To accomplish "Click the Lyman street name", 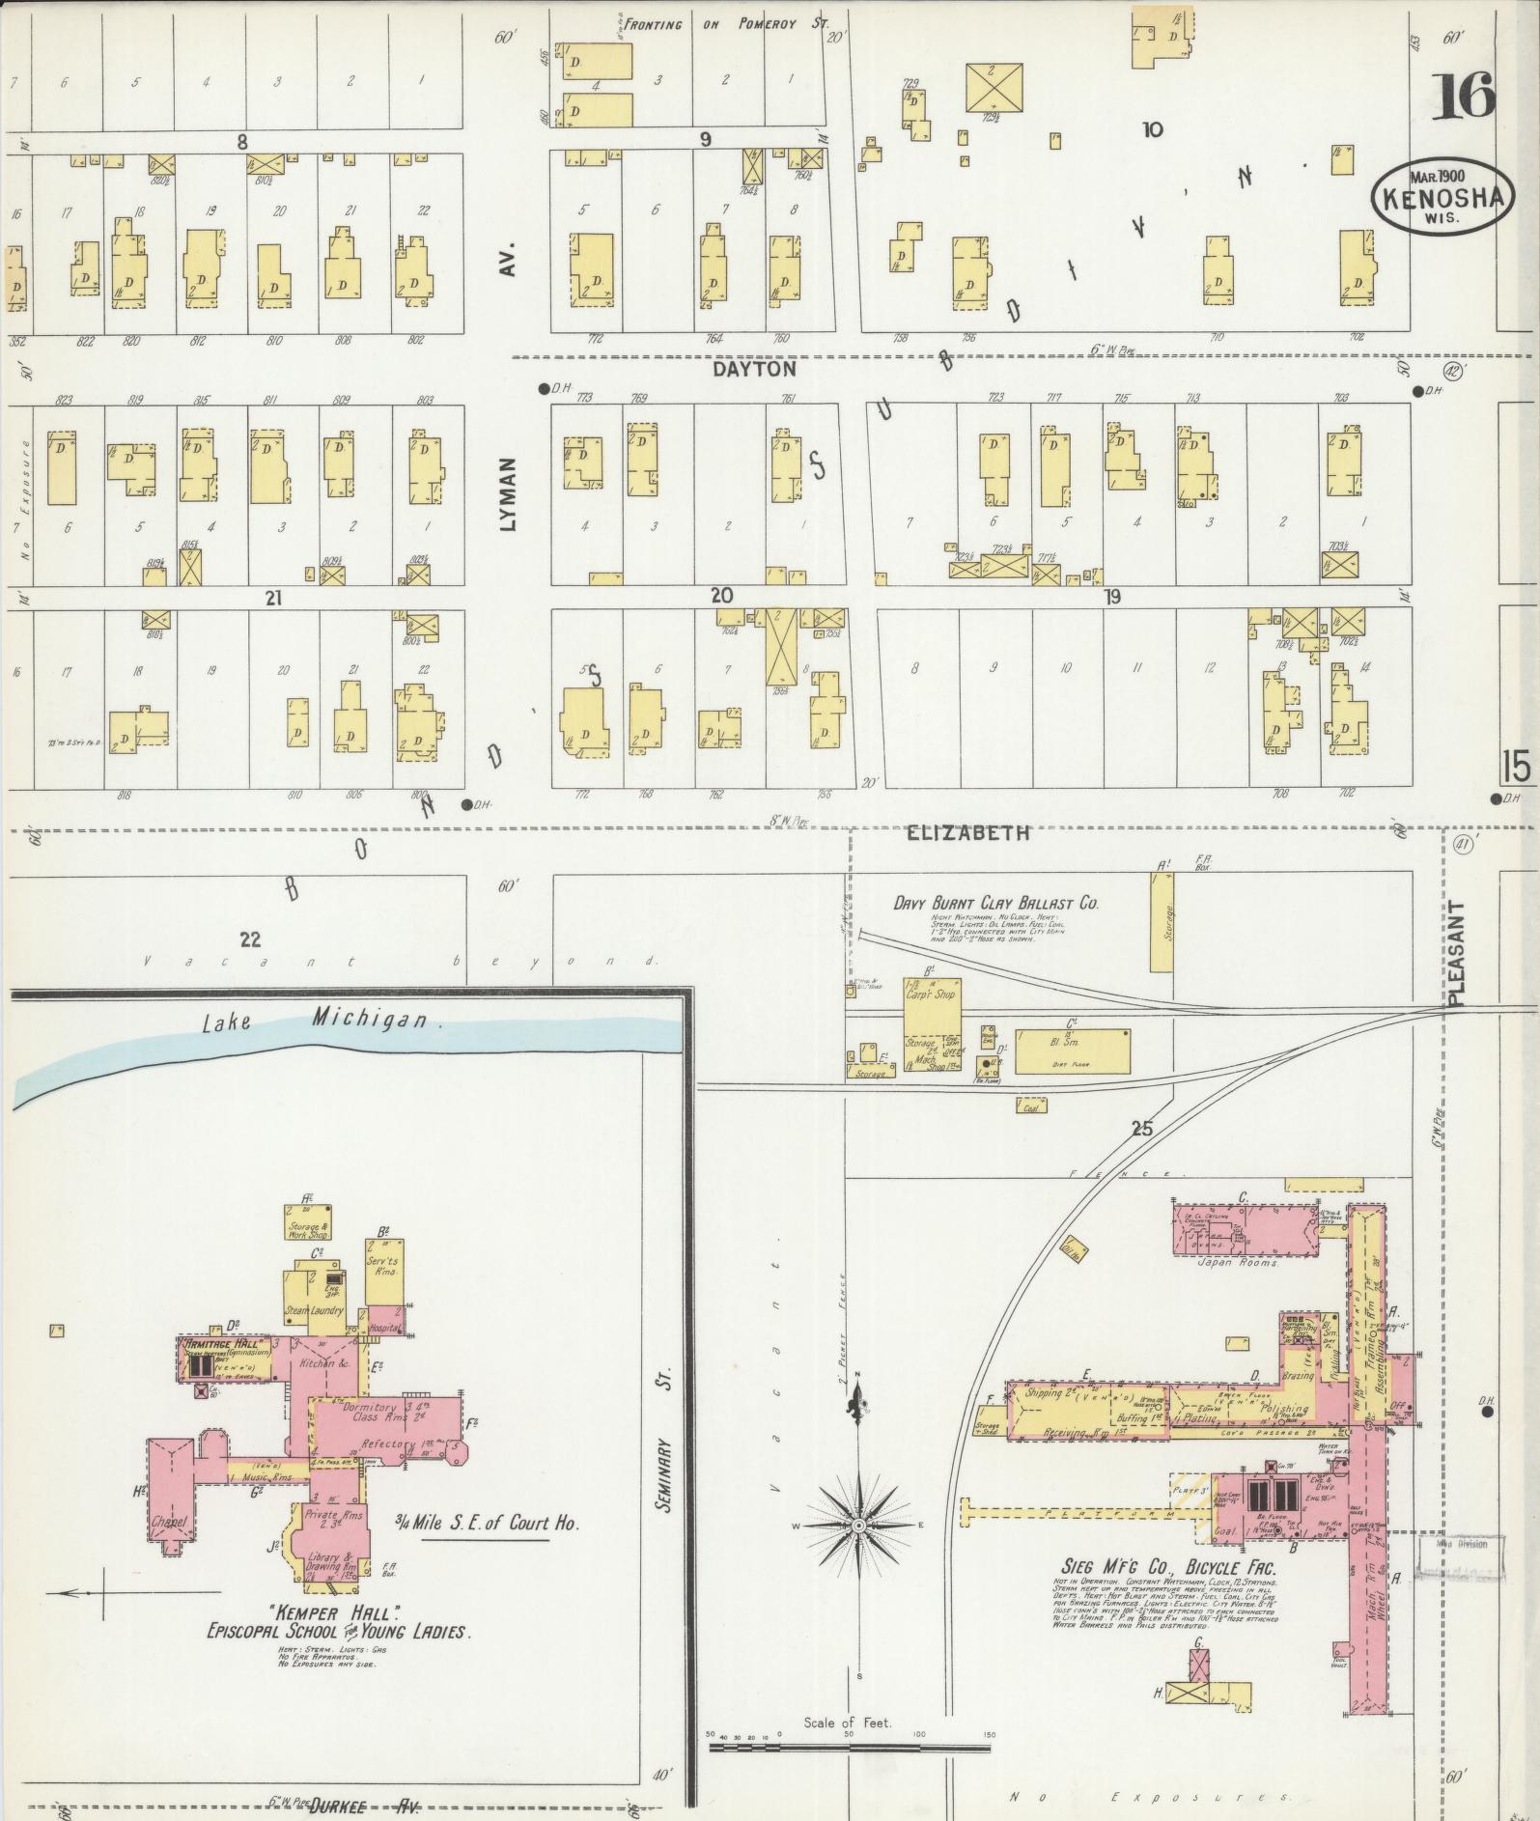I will coord(509,492).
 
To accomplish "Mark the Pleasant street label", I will coord(1457,954).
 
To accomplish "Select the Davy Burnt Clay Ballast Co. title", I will coord(995,904).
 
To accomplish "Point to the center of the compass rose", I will coord(857,1524).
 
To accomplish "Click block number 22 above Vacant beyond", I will coord(250,937).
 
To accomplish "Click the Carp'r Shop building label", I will coord(930,994).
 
